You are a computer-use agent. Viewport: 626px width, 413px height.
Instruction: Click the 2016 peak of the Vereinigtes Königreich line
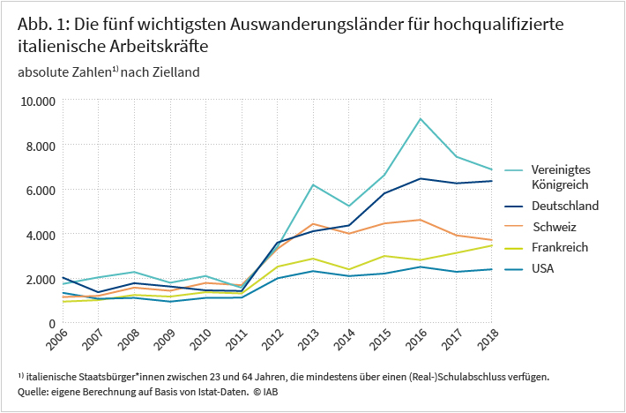click(x=421, y=118)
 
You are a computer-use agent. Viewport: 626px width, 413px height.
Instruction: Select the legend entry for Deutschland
click(x=565, y=206)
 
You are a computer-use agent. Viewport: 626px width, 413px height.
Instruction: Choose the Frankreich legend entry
click(x=560, y=247)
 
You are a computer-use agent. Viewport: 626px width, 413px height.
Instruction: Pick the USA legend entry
click(x=543, y=268)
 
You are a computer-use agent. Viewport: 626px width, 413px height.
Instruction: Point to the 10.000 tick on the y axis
click(x=38, y=101)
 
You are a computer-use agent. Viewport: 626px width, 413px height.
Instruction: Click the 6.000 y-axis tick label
click(x=41, y=190)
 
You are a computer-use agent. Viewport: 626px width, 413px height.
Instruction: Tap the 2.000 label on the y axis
click(x=41, y=279)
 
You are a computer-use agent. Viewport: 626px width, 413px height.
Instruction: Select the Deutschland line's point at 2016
click(x=421, y=178)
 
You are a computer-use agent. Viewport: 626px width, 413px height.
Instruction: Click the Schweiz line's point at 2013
click(x=312, y=224)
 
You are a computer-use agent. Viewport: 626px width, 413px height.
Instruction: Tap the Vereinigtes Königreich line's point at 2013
click(x=312, y=184)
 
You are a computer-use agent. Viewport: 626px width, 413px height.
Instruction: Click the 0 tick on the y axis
click(x=52, y=324)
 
